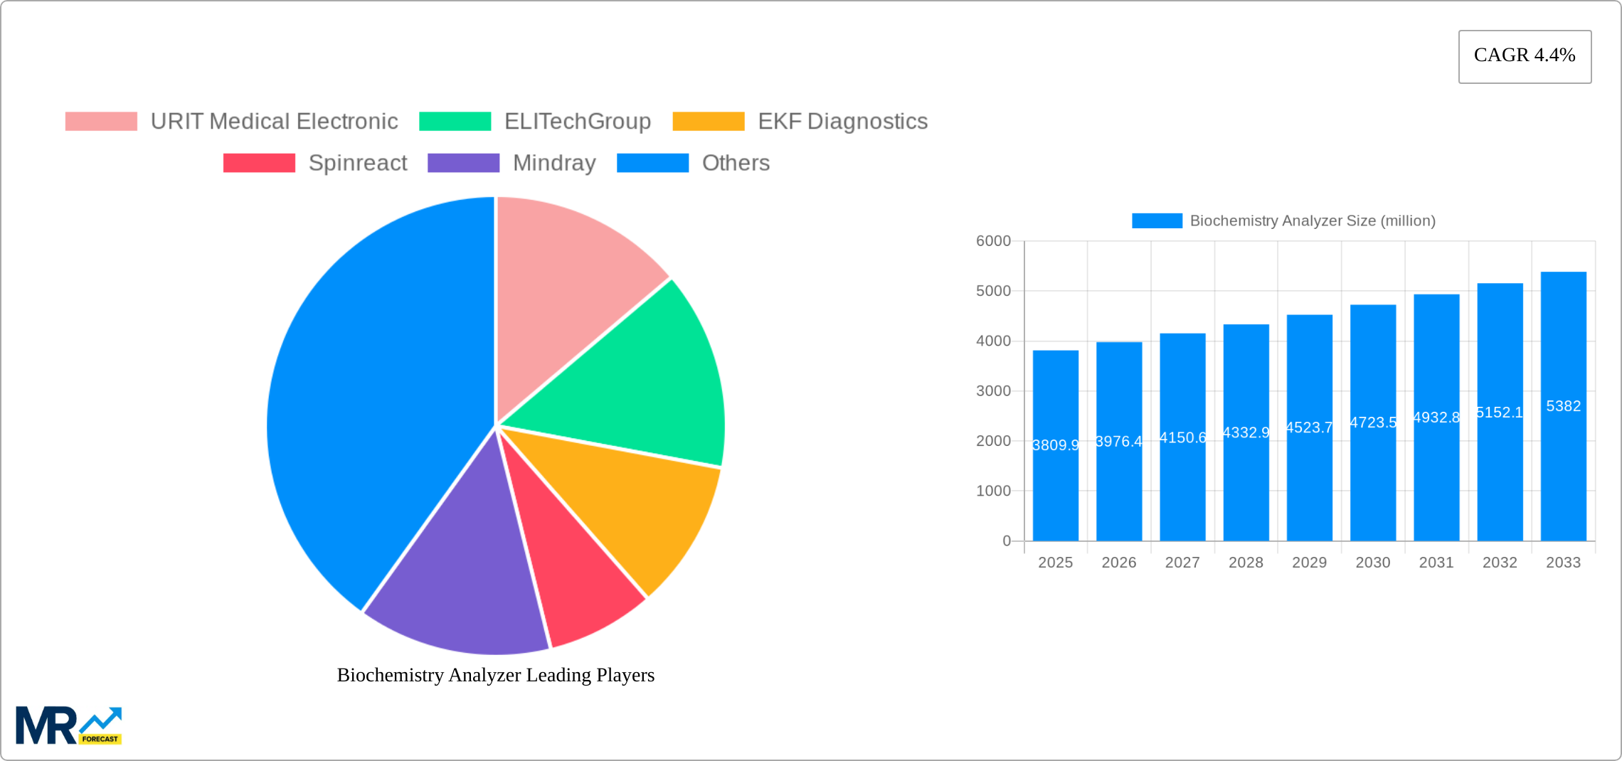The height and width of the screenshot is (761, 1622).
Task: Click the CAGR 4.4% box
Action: point(1525,56)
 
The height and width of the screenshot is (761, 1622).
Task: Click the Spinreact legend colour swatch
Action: point(259,163)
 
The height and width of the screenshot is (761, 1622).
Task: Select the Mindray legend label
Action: point(554,163)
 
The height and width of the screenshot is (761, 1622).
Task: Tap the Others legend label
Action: point(736,163)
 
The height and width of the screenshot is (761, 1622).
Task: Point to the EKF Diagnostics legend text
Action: point(842,122)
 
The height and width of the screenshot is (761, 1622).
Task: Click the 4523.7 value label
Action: point(1309,427)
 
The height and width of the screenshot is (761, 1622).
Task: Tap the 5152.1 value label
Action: point(1500,413)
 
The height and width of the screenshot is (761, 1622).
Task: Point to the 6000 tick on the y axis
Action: point(993,241)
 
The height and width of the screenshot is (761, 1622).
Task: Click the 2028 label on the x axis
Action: point(1246,563)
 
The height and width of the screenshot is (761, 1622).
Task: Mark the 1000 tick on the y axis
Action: point(993,491)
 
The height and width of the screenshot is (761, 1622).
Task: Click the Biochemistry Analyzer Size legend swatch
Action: point(1157,221)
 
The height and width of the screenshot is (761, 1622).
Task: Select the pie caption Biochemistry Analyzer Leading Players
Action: point(495,675)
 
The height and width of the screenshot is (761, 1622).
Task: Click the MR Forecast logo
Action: point(68,725)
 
